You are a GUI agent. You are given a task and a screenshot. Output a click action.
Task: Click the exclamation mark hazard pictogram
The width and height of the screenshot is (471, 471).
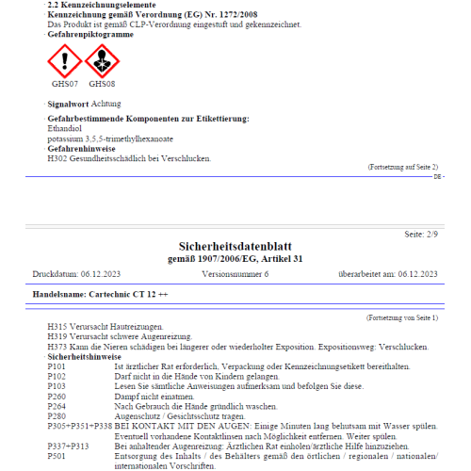tap(64, 62)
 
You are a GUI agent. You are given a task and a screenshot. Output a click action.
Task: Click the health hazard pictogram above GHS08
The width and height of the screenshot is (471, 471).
tap(102, 62)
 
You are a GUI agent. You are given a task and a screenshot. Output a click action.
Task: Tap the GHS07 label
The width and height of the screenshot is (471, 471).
tap(63, 84)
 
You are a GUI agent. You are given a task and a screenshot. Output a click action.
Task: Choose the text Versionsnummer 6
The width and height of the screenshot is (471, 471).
tap(235, 273)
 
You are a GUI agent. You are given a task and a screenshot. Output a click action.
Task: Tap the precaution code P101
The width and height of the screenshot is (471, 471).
tap(57, 366)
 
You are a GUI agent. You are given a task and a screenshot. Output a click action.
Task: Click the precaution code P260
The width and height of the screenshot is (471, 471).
tap(57, 396)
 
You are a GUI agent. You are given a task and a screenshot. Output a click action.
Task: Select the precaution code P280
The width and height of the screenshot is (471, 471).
tap(57, 415)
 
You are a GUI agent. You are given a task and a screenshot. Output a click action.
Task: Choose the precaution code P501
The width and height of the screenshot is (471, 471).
tap(57, 455)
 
